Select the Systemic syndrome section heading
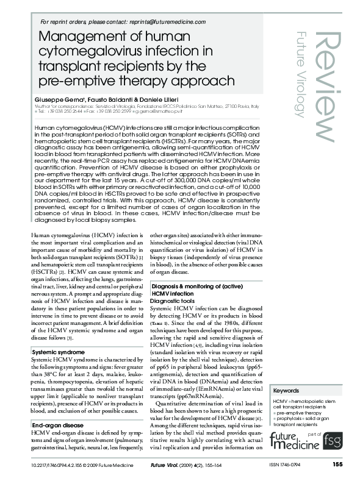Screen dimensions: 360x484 click(59, 352)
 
